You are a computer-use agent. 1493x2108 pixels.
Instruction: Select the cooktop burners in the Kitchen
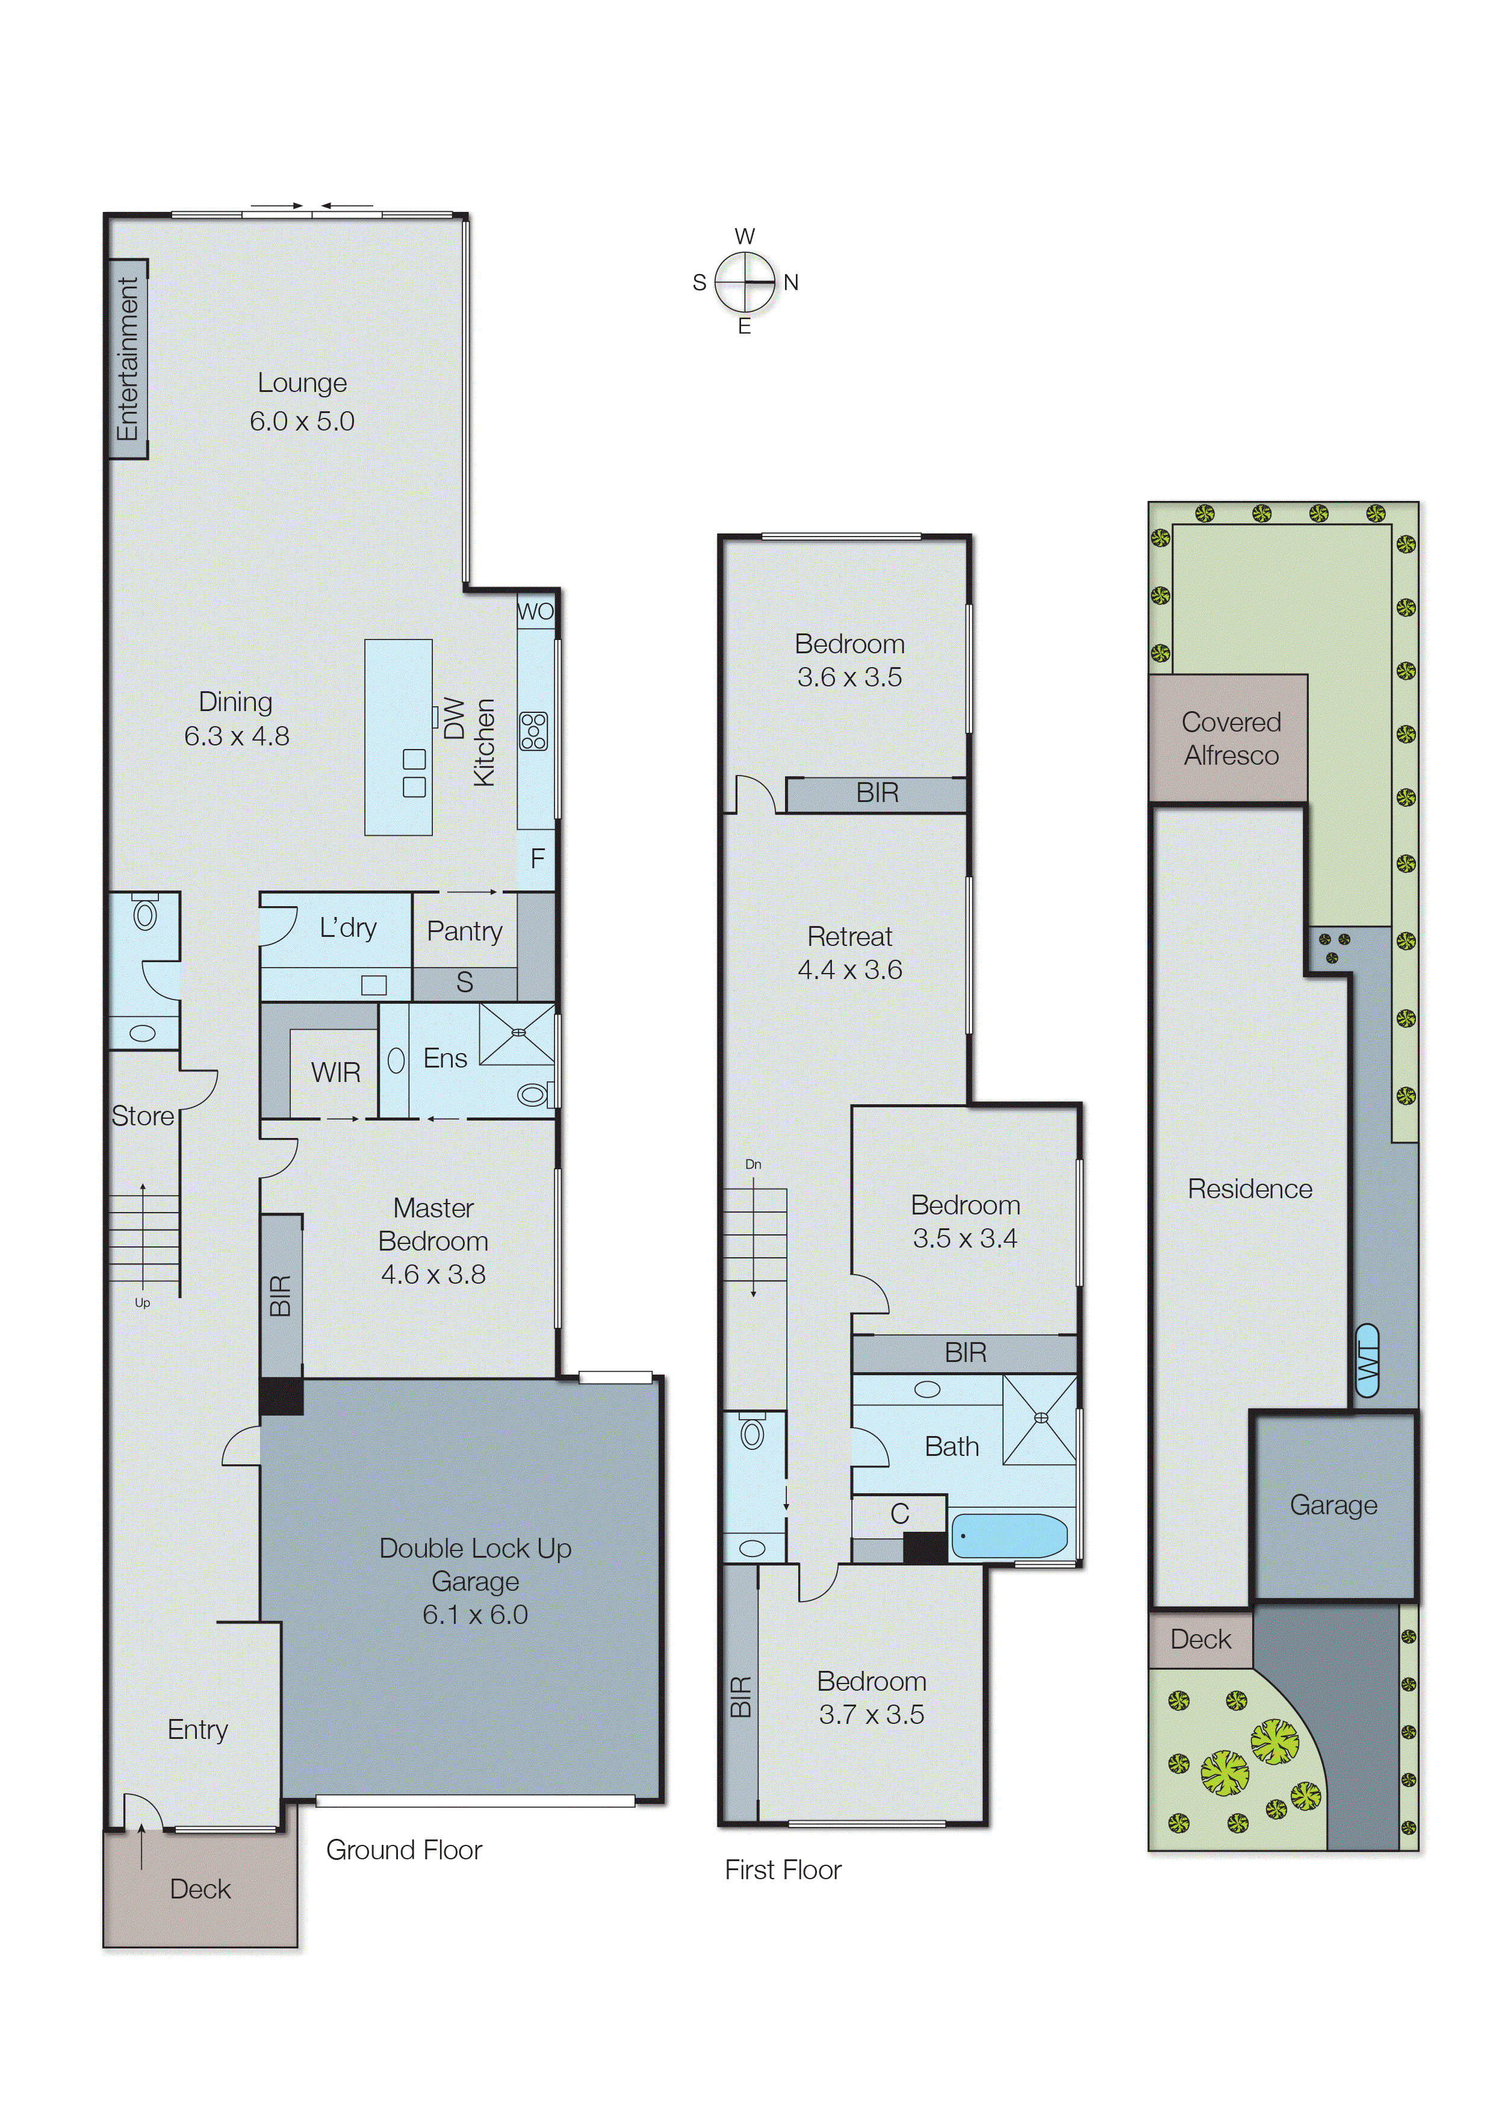point(533,731)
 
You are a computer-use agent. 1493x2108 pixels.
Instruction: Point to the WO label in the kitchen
point(535,612)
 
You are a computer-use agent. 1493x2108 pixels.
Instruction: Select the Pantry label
point(464,931)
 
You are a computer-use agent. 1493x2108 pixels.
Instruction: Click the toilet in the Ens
point(532,1094)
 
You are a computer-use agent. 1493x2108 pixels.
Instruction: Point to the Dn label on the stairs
point(753,1164)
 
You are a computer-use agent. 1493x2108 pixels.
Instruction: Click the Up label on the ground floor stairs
point(143,1303)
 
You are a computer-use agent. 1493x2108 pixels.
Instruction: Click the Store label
point(143,1116)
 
